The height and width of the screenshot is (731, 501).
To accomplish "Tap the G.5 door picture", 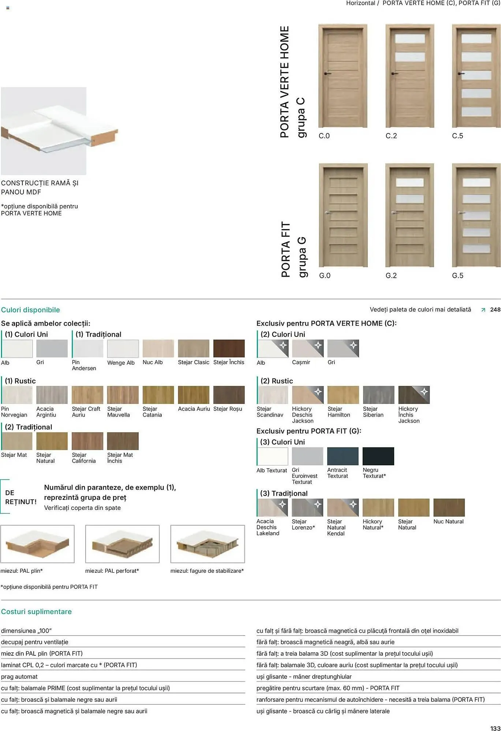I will coord(476,215).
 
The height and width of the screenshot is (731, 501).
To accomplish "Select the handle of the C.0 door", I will coord(327,74).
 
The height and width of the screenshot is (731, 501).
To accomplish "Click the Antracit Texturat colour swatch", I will coord(343,456).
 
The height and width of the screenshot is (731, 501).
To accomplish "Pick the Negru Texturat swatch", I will coord(378,456).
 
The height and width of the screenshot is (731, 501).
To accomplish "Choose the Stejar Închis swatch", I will coord(229,348).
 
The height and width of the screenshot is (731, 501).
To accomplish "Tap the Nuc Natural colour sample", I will coord(449,508).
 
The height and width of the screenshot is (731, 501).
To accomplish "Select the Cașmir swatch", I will coord(307,348).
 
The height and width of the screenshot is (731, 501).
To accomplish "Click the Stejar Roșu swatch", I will coord(229,395).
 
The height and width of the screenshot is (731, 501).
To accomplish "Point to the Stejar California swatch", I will coord(87,441).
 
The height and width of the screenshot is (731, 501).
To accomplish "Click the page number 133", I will coord(495,728).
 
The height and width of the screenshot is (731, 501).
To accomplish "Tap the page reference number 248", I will coord(495,310).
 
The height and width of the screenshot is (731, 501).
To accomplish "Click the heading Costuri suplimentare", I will coord(36,611).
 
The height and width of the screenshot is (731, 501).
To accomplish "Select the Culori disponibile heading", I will coord(30,310).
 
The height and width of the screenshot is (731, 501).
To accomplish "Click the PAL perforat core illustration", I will coord(122,544).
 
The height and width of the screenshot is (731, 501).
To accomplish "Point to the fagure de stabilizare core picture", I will coord(207,544).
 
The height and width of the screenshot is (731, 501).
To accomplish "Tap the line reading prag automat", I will coord(19,677).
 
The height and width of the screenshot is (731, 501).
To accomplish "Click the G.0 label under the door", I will coord(325,276).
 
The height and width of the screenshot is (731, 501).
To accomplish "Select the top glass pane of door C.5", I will coord(476,38).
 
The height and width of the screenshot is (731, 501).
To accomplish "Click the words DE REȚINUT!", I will coord(21,497).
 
